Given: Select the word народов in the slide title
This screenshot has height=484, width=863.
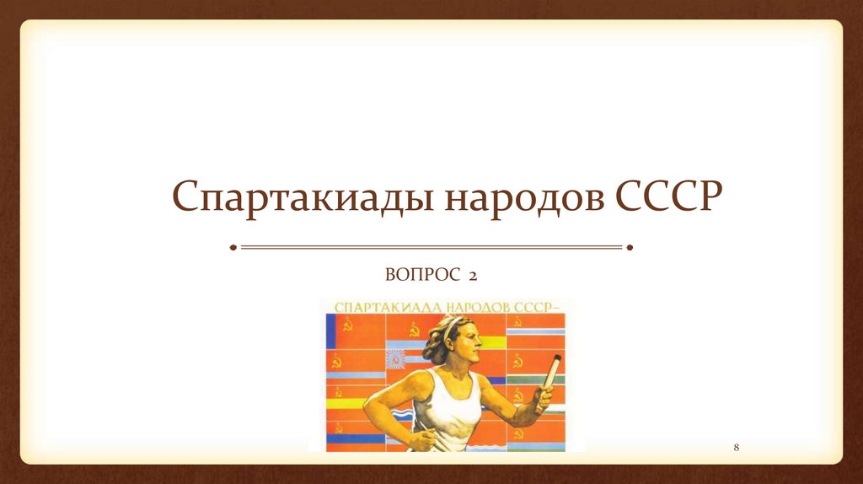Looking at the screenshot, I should point(518,199).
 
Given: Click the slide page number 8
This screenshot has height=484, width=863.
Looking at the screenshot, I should point(736,445).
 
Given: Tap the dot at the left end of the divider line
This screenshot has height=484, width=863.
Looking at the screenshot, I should point(233,247).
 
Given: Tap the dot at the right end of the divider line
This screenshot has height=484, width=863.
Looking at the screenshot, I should point(630,247).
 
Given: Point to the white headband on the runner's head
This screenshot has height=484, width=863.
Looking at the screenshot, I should point(453,323).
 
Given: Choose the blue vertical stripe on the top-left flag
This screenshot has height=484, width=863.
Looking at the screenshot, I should point(330,331).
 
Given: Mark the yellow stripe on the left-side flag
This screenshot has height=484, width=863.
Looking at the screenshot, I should point(346,403).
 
